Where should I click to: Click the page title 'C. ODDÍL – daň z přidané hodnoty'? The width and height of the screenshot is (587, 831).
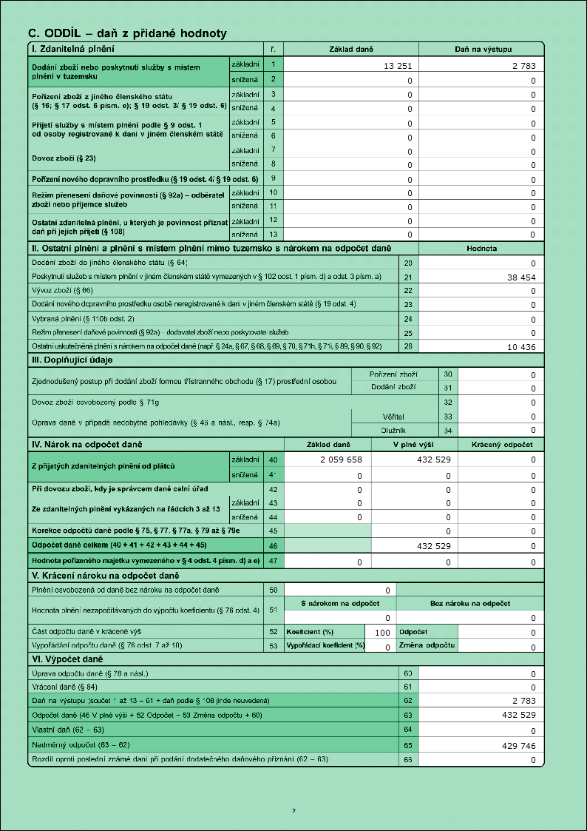click(x=126, y=33)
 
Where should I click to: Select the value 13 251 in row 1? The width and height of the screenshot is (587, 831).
click(x=398, y=67)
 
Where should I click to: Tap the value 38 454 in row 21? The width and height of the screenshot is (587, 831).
click(x=520, y=277)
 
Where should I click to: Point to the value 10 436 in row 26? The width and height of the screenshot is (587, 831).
click(x=520, y=347)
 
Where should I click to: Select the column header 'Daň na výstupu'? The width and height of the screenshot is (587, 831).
click(x=482, y=49)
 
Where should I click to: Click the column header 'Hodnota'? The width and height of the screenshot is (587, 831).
click(x=481, y=249)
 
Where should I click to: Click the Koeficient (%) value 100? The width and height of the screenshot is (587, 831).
click(x=382, y=633)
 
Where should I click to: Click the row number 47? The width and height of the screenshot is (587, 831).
click(x=272, y=562)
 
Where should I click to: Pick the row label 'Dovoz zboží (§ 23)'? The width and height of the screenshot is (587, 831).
click(x=64, y=158)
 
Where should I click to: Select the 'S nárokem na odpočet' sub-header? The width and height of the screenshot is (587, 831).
click(x=340, y=604)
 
